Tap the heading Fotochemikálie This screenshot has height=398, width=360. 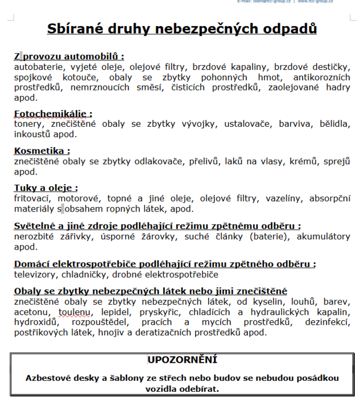click(52, 114)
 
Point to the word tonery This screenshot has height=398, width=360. click(28, 123)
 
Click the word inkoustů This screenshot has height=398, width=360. click(34, 134)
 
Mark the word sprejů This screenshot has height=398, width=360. click(336, 161)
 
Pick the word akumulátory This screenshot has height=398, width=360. click(320, 237)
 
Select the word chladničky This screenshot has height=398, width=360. click(85, 275)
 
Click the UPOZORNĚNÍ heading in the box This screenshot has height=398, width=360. click(182, 360)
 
